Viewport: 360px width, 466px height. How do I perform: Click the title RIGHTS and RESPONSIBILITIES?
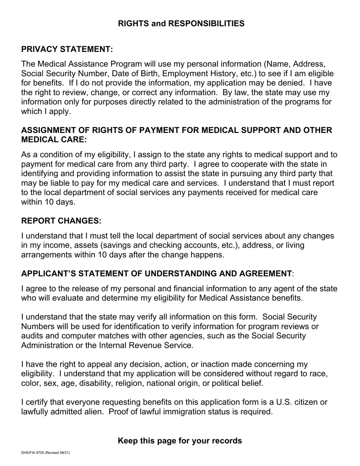tap(181, 23)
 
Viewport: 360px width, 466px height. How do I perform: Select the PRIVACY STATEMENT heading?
tap(67, 49)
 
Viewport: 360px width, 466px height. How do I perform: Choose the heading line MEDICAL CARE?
tap(54, 139)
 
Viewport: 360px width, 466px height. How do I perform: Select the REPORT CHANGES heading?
tap(61, 221)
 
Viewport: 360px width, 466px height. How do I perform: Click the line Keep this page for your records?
tap(180, 441)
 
